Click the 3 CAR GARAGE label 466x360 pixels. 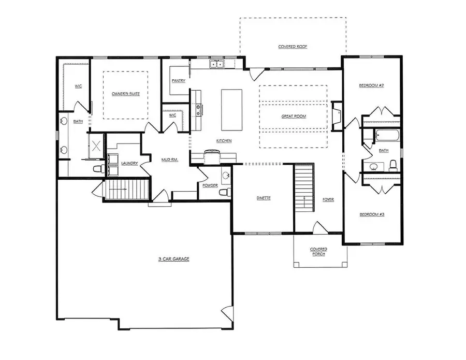173,258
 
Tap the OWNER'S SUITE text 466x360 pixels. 126,94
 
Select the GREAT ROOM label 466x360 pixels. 294,117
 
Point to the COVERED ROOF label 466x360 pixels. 293,47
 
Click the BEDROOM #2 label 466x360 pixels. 371,85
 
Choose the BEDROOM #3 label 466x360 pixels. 371,213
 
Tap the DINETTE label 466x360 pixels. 264,198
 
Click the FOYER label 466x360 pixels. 328,199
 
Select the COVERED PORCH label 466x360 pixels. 318,251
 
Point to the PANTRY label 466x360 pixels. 178,81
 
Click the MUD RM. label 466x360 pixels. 169,160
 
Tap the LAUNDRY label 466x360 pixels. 129,163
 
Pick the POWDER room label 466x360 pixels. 210,185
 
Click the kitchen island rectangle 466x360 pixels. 231,110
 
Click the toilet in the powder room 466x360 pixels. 224,192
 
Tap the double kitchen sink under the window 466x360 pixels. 216,64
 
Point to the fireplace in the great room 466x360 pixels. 337,114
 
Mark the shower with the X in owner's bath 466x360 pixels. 96,145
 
